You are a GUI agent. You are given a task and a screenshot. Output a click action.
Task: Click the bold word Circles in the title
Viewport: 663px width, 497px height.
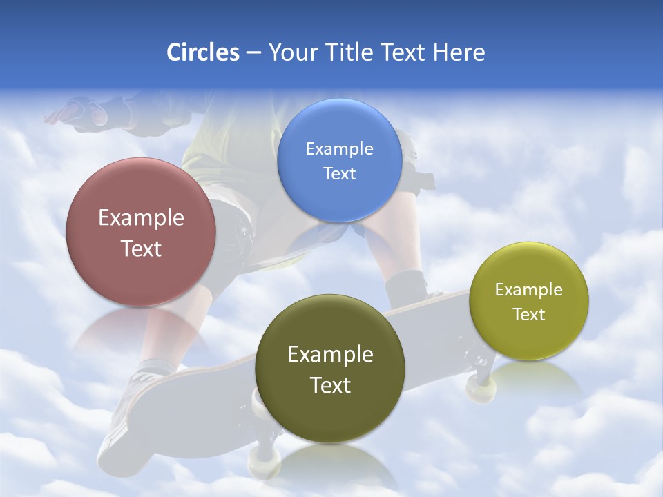pos(202,52)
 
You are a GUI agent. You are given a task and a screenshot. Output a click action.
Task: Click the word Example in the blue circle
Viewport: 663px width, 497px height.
pos(339,148)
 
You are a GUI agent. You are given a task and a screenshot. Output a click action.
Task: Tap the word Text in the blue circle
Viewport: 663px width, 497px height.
pos(339,173)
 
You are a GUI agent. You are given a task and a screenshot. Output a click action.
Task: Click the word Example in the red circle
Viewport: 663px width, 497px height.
pos(141,218)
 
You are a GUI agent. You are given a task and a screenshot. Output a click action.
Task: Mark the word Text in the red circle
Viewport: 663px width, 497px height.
pos(141,248)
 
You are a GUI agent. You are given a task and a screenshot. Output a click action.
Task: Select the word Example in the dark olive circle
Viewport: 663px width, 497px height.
pos(330,355)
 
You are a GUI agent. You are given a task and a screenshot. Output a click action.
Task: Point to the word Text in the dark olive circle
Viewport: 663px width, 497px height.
pos(330,385)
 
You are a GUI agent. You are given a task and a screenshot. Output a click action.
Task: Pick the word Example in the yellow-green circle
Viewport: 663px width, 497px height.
pos(529,289)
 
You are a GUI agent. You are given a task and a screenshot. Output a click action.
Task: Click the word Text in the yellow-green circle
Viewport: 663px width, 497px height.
pos(529,314)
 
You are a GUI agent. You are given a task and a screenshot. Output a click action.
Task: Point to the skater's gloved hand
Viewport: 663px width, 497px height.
pos(84,111)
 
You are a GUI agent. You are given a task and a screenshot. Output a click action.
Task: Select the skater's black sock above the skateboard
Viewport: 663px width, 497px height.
pos(405,287)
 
